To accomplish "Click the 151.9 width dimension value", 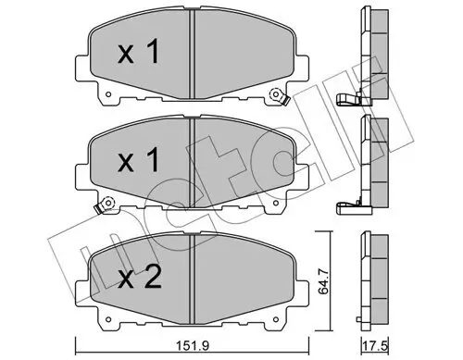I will point(191,347).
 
